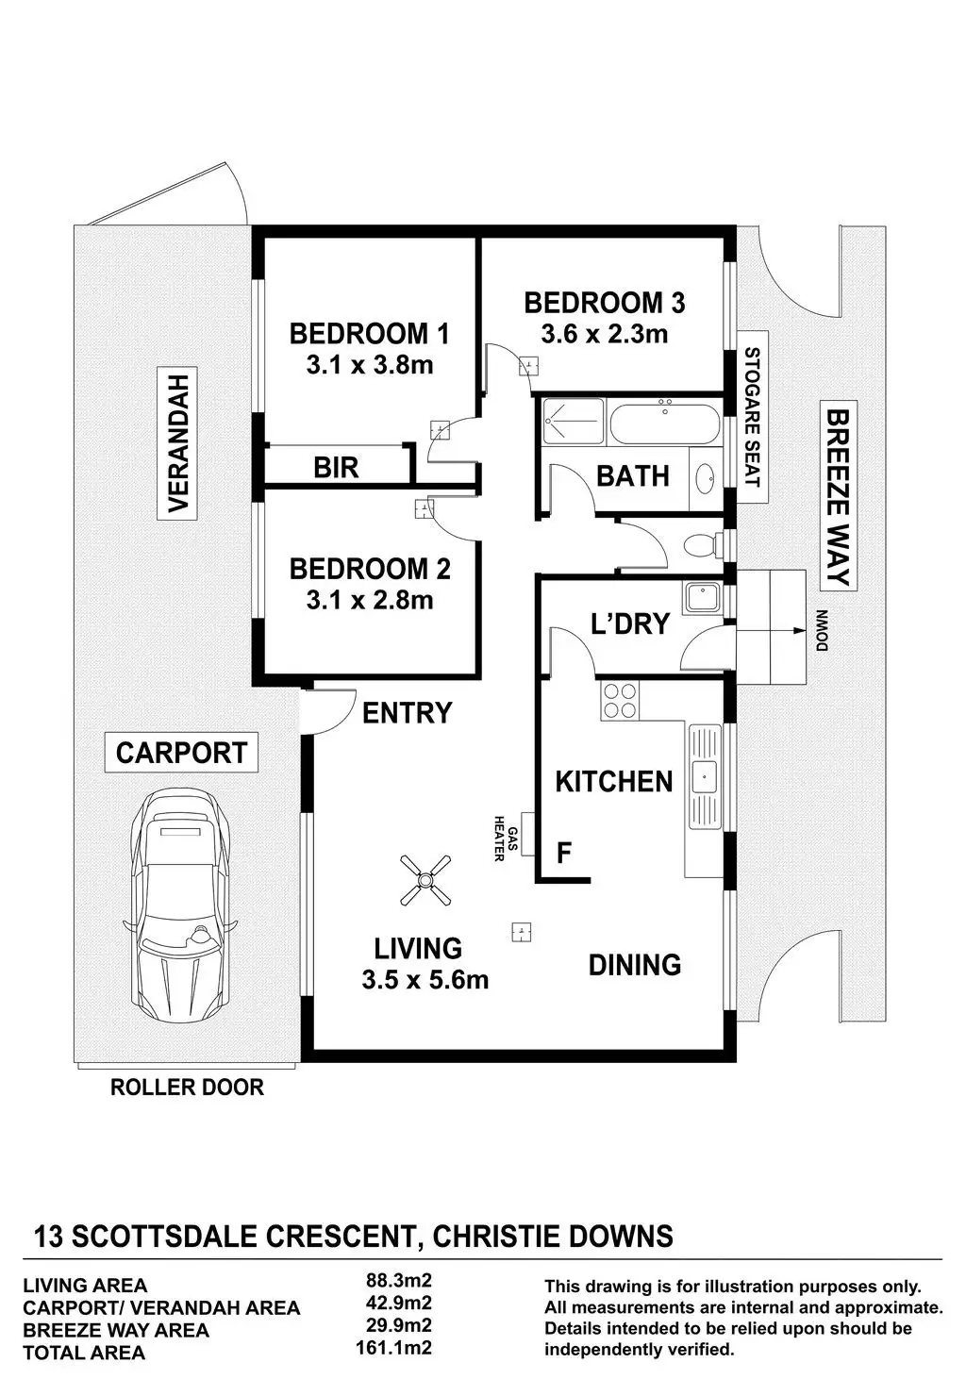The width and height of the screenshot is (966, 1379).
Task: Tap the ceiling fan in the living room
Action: click(x=425, y=880)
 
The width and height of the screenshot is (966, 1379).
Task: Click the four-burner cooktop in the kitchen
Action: click(x=620, y=701)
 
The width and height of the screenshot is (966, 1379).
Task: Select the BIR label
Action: click(x=336, y=468)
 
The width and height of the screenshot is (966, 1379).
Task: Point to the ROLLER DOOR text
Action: click(x=187, y=1088)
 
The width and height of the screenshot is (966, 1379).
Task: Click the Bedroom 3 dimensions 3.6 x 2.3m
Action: click(x=605, y=334)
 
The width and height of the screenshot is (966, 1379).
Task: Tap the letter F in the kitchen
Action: click(x=564, y=854)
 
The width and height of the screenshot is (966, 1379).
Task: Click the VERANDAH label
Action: click(x=177, y=443)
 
